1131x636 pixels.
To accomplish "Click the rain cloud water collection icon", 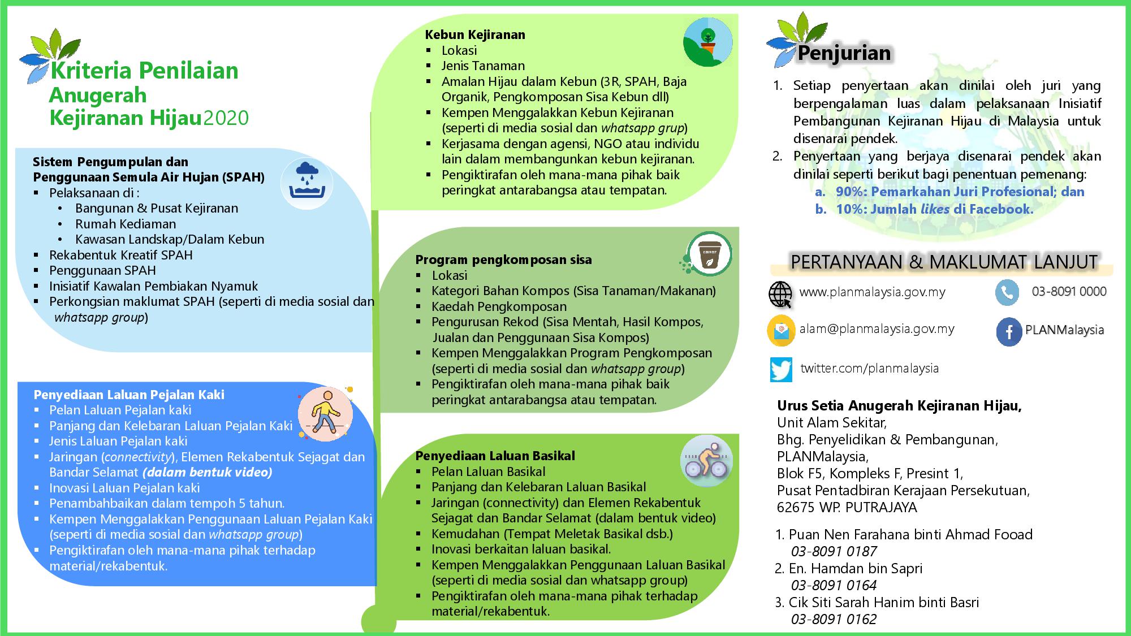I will pyautogui.click(x=307, y=181).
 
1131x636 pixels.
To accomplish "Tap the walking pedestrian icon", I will pyautogui.click(x=325, y=414).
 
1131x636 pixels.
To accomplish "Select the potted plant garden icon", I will pyautogui.click(x=707, y=42).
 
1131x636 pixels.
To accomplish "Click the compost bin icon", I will pyautogui.click(x=709, y=254).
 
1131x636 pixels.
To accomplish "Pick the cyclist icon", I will pyautogui.click(x=706, y=460).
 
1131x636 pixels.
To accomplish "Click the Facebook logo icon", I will pyautogui.click(x=1008, y=331).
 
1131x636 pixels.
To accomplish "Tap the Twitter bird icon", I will pyautogui.click(x=781, y=370).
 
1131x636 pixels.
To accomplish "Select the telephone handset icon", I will pyautogui.click(x=1007, y=293).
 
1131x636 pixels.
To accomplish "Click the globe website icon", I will pyautogui.click(x=781, y=294).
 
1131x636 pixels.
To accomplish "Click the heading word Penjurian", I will pyautogui.click(x=844, y=53).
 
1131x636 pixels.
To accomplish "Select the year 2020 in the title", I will pyautogui.click(x=226, y=118).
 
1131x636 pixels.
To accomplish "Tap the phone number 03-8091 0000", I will pyautogui.click(x=1069, y=291).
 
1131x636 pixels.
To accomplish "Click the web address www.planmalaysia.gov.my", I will pyautogui.click(x=872, y=292).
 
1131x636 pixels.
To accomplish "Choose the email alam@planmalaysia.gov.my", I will pyautogui.click(x=877, y=328).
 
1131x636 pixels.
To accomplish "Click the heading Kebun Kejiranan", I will pyautogui.click(x=475, y=34).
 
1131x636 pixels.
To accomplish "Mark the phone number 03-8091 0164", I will pyautogui.click(x=834, y=585).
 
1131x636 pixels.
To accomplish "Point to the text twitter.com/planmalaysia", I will pyautogui.click(x=869, y=369).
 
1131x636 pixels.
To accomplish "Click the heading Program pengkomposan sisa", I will pyautogui.click(x=503, y=260).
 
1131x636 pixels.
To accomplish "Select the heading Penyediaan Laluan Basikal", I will pyautogui.click(x=495, y=456).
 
